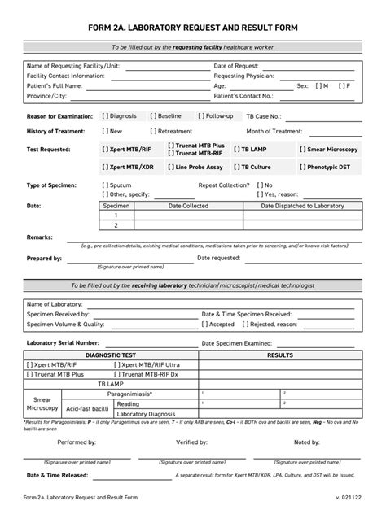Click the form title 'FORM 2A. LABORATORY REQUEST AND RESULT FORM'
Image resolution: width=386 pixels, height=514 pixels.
(x=192, y=28)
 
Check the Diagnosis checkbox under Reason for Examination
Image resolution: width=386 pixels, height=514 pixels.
(x=106, y=116)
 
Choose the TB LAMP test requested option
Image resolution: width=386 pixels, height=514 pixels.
(x=235, y=150)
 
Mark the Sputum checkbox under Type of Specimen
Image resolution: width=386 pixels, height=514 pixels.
(x=106, y=185)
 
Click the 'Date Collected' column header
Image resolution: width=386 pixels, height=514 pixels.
(x=188, y=207)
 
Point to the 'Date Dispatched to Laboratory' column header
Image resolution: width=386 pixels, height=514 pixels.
(x=303, y=207)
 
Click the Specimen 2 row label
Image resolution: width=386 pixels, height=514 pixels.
(x=116, y=225)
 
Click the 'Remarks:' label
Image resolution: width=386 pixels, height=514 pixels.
(x=40, y=237)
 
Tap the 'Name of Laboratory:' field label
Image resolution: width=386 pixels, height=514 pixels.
(x=57, y=303)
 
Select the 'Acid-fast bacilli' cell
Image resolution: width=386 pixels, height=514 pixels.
(x=86, y=409)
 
